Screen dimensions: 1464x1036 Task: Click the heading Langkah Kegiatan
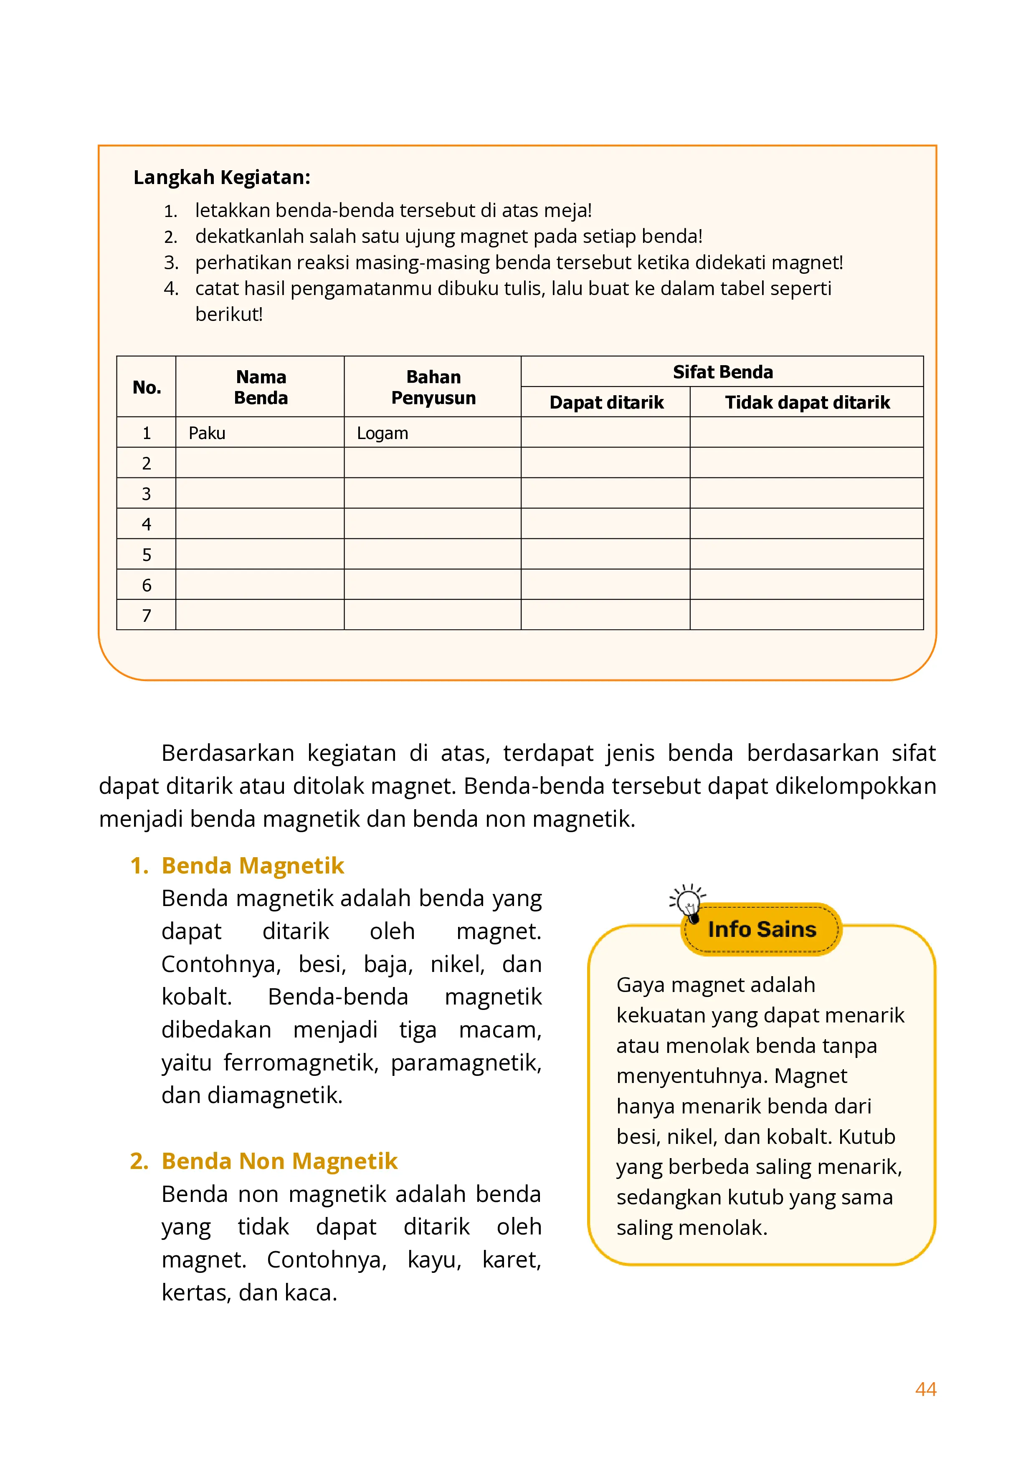[x=221, y=177]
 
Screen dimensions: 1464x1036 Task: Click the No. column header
[x=146, y=387]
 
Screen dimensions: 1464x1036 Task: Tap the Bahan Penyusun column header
[x=433, y=387]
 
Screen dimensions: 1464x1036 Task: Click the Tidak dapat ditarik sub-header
[x=807, y=402]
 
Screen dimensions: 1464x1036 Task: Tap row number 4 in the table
[x=146, y=524]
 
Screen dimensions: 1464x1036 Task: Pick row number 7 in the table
[x=146, y=615]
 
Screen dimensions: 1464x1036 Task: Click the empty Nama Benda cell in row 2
[x=260, y=463]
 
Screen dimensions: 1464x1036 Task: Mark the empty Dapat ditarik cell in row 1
[x=605, y=432]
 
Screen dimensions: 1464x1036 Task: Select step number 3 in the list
[x=170, y=263]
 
